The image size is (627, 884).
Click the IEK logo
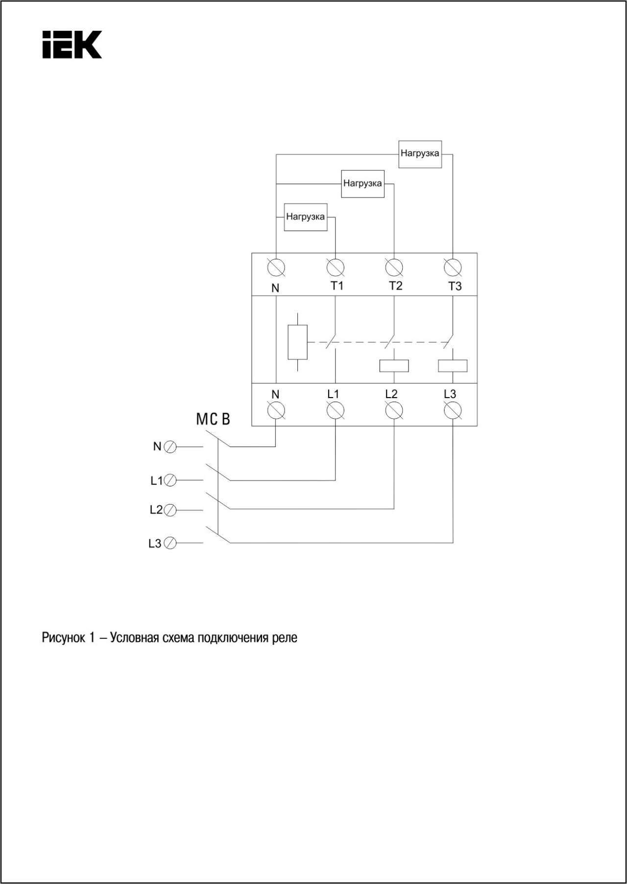(x=72, y=45)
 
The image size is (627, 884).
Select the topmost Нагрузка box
(x=420, y=154)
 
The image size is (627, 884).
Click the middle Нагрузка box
(x=362, y=184)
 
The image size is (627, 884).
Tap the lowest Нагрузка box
(x=306, y=217)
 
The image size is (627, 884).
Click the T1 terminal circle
(x=336, y=268)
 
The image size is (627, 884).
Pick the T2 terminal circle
(x=394, y=268)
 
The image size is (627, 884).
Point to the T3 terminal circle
(x=453, y=268)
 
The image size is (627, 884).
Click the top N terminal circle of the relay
(x=276, y=268)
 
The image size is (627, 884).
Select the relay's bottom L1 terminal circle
(x=336, y=410)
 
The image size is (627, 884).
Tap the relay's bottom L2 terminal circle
(x=394, y=410)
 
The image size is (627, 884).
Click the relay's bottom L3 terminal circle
(x=453, y=410)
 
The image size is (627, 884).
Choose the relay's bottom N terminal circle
(x=276, y=410)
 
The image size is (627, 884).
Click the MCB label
(x=213, y=419)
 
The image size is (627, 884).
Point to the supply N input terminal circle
(x=170, y=447)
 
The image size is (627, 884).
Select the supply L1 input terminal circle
(x=170, y=480)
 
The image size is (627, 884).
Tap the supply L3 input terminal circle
(x=170, y=543)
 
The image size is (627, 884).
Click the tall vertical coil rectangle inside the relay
(x=298, y=342)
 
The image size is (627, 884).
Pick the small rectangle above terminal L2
(x=394, y=366)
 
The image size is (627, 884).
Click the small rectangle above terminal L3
(x=453, y=366)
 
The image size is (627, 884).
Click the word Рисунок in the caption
(x=63, y=638)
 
